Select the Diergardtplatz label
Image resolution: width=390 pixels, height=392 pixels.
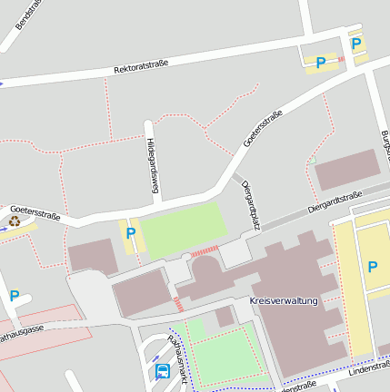(x=251, y=205)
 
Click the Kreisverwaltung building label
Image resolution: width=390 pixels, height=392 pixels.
(x=284, y=300)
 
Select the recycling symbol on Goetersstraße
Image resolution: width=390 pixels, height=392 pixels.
(x=15, y=220)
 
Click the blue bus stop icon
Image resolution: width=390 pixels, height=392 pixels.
(x=163, y=371)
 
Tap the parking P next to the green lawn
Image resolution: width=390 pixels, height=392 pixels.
(x=130, y=233)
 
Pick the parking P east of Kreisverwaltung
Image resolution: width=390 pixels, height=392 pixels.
(x=372, y=266)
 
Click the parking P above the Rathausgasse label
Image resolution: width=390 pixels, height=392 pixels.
(x=15, y=295)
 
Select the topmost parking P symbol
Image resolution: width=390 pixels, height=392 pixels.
(x=356, y=43)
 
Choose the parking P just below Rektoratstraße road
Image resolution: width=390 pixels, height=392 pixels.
(x=320, y=63)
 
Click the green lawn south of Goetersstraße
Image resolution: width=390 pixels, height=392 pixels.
(x=182, y=229)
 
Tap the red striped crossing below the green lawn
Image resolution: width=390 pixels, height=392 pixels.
(x=205, y=250)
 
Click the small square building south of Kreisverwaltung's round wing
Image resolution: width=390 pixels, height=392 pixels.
(x=224, y=316)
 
